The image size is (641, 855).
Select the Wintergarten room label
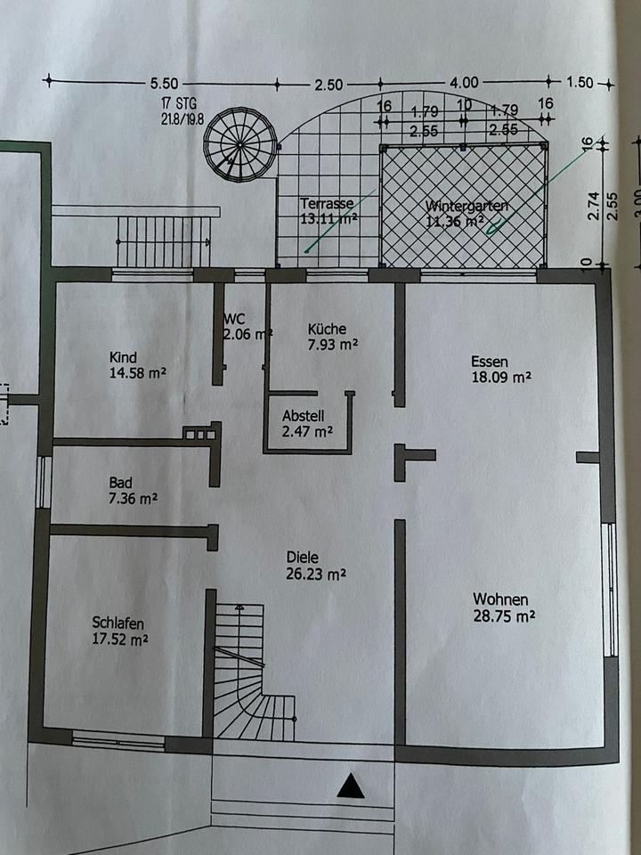click(x=467, y=206)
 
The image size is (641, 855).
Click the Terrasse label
click(x=326, y=203)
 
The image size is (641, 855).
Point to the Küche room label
click(x=326, y=327)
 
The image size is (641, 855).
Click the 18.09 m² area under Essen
click(x=501, y=377)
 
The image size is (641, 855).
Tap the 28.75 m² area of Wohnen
click(x=503, y=615)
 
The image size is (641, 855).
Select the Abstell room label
click(x=303, y=415)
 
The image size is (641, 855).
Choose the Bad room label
click(x=121, y=482)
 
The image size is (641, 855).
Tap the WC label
click(x=234, y=317)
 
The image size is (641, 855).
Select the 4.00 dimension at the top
click(x=464, y=82)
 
